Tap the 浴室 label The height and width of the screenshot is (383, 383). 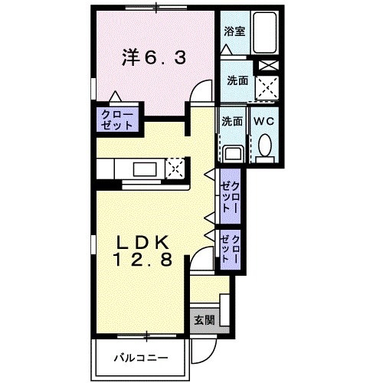234,31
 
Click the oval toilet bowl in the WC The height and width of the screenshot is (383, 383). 265,145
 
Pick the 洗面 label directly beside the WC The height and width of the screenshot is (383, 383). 232,121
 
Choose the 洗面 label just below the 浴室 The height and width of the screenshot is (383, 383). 235,80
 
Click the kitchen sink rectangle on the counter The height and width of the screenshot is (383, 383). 146,168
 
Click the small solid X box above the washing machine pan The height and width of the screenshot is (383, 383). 267,66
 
